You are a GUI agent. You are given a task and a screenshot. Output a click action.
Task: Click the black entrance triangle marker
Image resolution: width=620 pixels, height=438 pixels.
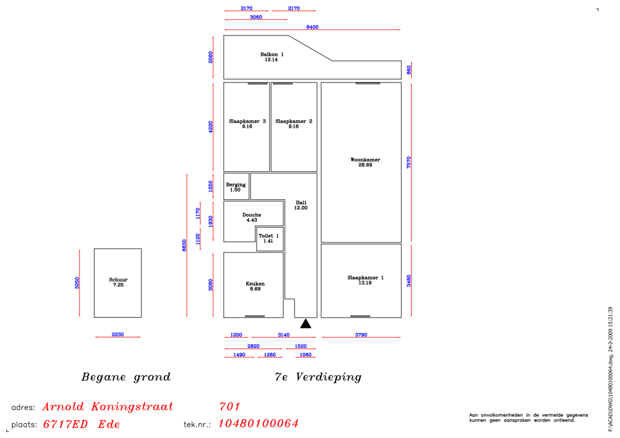[x=306, y=323]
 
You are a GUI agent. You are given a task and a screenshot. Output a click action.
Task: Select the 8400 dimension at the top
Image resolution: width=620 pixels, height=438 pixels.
[x=312, y=27]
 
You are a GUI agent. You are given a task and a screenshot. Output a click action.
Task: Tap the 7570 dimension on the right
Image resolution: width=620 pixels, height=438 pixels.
[x=409, y=162]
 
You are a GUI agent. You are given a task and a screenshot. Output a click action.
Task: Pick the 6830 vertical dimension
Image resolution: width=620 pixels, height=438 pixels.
[x=184, y=245]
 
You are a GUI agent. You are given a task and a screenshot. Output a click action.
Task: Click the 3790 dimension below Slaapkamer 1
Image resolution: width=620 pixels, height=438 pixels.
[x=361, y=335]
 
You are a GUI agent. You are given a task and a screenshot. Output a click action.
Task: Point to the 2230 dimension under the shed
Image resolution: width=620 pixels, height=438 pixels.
[x=118, y=334]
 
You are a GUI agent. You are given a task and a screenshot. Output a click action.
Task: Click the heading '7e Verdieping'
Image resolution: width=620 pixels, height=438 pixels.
[x=318, y=377]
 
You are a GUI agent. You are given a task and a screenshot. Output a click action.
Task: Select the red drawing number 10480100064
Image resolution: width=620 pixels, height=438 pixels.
[x=259, y=424]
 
